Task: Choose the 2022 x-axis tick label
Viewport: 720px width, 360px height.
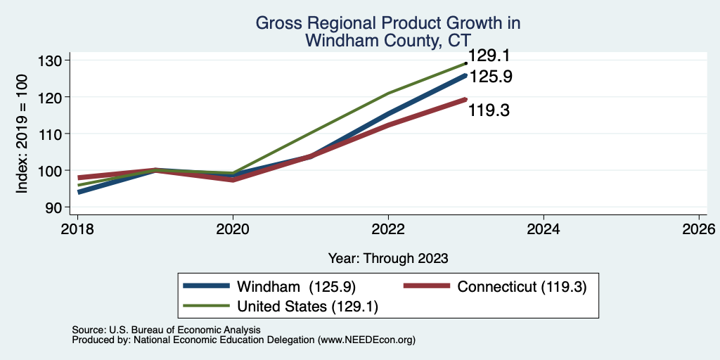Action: point(388,229)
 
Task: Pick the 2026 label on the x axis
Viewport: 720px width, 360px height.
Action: point(699,229)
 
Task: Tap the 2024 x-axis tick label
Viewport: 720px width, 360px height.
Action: point(544,229)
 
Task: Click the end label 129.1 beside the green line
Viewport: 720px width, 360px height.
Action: point(489,56)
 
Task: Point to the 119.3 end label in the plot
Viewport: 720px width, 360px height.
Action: point(489,110)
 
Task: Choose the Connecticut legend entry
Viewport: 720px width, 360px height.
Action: point(495,286)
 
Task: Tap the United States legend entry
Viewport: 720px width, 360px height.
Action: point(281,307)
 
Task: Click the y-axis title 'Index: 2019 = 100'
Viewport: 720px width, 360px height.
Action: point(22,134)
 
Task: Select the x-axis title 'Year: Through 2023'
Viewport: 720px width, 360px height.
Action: point(388,259)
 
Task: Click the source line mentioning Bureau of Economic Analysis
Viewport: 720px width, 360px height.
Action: point(167,330)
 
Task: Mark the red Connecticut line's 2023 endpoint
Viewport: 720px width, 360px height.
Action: point(466,99)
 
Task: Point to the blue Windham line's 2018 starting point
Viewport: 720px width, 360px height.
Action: point(79,192)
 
